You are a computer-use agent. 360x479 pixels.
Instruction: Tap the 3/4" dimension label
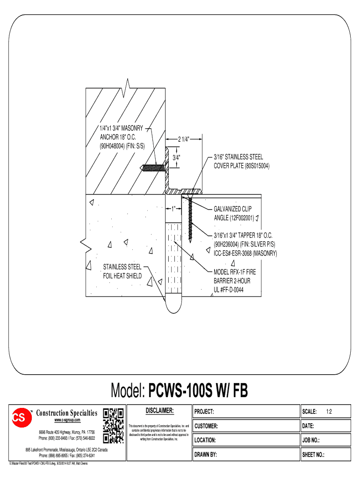point(177,157)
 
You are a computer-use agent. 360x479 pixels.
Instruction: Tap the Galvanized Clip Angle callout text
point(234,214)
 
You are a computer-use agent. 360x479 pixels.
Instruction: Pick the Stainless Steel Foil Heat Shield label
point(122,271)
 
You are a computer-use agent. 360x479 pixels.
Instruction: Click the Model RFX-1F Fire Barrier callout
point(235,281)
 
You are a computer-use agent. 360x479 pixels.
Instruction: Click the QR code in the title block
point(113,426)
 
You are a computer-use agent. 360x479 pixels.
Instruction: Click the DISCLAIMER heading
point(159,411)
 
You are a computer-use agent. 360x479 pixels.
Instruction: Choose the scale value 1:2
point(329,412)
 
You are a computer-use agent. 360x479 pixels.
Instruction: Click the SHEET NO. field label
point(314,455)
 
